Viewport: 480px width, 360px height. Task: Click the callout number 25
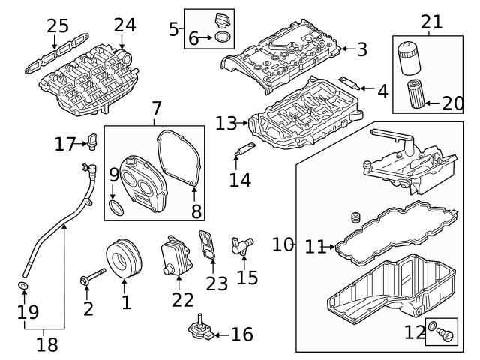click(x=58, y=26)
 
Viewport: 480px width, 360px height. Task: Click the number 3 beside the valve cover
click(x=361, y=50)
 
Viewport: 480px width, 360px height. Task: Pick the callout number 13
click(x=226, y=122)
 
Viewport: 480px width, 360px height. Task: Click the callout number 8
click(x=196, y=211)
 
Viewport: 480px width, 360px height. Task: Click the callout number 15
click(x=247, y=278)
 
